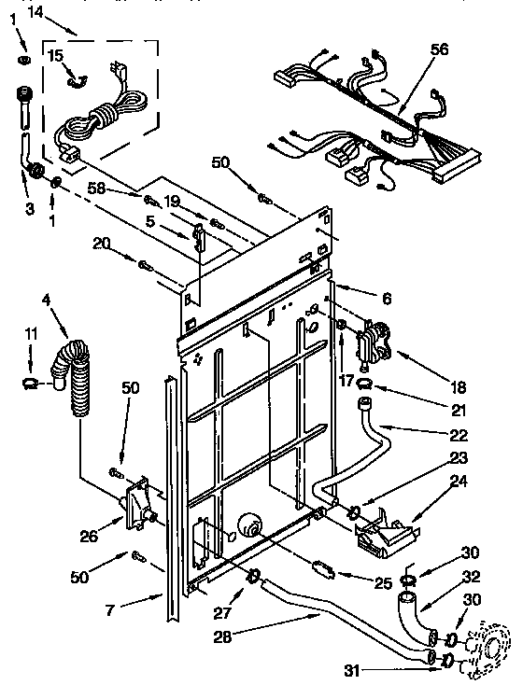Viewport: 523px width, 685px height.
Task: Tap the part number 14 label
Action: point(35,12)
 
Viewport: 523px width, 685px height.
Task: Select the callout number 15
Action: point(55,57)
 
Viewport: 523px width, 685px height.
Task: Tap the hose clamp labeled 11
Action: point(30,382)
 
